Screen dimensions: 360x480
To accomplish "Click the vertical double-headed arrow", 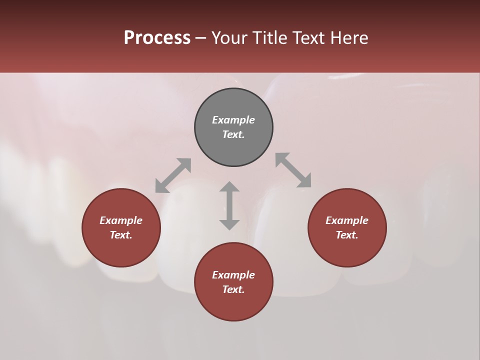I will click(229, 205).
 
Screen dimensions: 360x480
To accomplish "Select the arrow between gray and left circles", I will click(173, 175).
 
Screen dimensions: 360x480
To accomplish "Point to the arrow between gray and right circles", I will click(293, 170).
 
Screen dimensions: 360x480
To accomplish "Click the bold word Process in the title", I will click(157, 37).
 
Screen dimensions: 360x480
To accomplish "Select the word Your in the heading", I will click(228, 37).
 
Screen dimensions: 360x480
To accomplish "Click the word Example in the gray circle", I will click(233, 120).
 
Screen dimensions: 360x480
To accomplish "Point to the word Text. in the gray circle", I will click(233, 134).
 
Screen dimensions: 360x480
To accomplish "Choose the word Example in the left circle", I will click(121, 220).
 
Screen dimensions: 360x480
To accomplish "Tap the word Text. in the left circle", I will click(121, 235).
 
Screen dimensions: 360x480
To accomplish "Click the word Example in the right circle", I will click(347, 220).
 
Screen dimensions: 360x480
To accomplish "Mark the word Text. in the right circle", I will click(347, 235).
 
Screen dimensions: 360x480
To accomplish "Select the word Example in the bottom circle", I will click(233, 275).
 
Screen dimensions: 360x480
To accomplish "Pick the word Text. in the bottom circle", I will click(233, 289).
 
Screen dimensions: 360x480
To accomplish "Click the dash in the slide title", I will click(201, 38).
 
